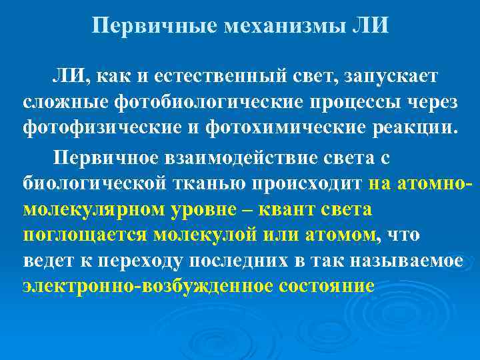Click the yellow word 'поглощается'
pos(85,235)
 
